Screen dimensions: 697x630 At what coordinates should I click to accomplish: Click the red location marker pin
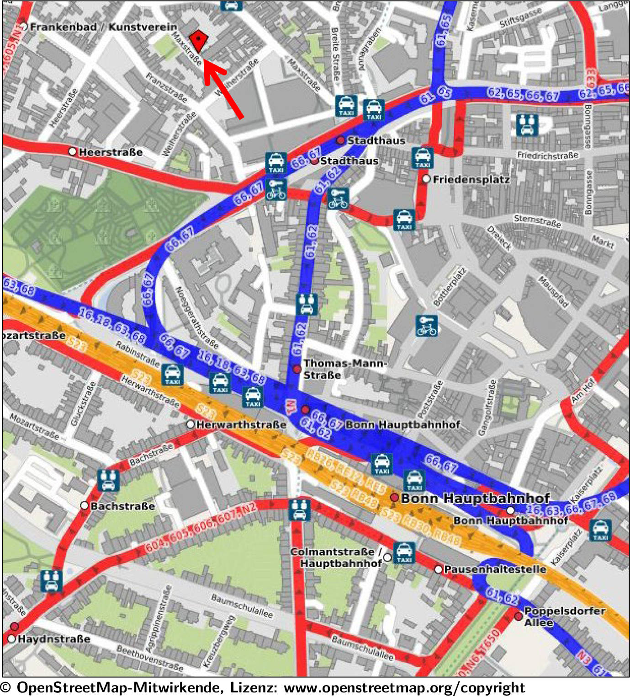[x=198, y=41]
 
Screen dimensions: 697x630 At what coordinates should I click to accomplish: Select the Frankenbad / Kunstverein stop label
[x=103, y=27]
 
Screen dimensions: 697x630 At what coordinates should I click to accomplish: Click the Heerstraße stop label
[x=111, y=152]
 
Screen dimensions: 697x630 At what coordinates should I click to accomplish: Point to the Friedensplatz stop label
[x=471, y=180]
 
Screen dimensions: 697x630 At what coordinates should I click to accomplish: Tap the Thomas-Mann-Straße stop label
[x=345, y=369]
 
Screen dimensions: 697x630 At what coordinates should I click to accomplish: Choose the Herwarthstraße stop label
[x=241, y=424]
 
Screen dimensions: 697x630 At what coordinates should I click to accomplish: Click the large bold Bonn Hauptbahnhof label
[x=475, y=498]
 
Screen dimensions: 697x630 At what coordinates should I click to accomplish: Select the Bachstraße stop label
[x=122, y=506]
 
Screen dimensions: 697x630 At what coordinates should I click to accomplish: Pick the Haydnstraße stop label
[x=54, y=639]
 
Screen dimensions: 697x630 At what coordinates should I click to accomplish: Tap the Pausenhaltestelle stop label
[x=495, y=569]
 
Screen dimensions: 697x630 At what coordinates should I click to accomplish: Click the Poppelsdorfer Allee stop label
[x=565, y=617]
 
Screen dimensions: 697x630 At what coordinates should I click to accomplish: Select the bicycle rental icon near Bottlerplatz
[x=426, y=326]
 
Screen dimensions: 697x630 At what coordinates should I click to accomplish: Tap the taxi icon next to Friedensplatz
[x=423, y=158]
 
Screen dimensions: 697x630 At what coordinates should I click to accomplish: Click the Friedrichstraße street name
[x=547, y=155]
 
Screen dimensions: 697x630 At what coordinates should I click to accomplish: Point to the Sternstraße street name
[x=537, y=221]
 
